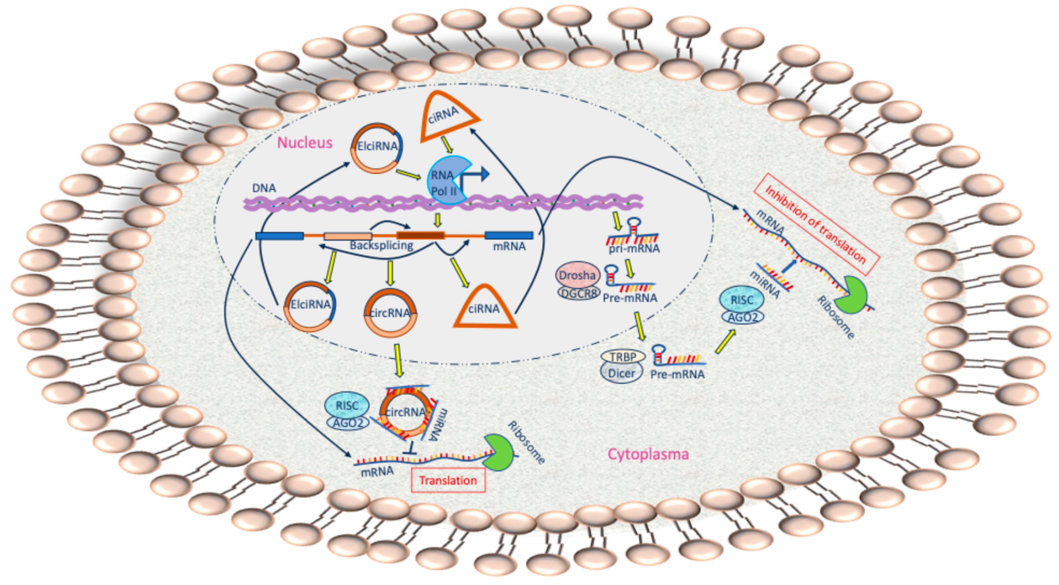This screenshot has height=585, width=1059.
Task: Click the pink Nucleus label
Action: point(304,143)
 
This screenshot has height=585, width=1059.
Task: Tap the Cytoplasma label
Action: point(648,454)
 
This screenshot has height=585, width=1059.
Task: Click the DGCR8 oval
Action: point(579,293)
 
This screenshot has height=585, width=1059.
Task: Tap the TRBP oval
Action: point(622,357)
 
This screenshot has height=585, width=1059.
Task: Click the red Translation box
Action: point(448,480)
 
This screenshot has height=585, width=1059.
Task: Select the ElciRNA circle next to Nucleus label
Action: point(377,148)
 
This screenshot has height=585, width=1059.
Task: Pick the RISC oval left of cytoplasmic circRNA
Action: point(347,405)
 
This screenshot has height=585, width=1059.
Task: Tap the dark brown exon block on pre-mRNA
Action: point(420,235)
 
